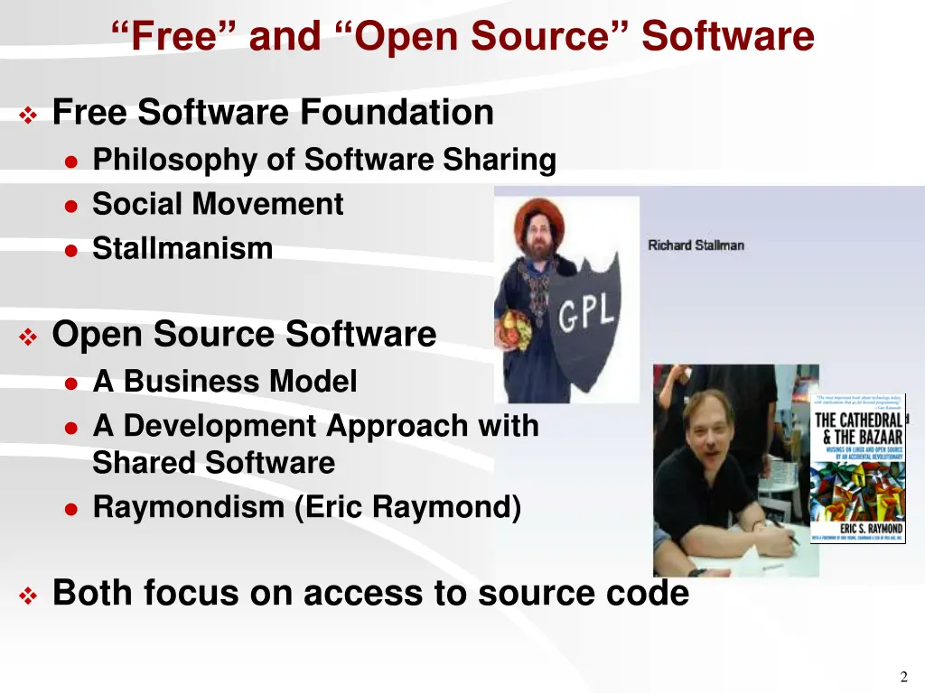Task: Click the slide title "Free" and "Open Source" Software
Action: [x=462, y=37]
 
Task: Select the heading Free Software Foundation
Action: [x=273, y=113]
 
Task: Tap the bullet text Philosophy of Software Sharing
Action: [x=324, y=160]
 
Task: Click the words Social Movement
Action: [x=218, y=204]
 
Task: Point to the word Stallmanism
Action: [x=182, y=248]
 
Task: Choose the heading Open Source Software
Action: [x=244, y=334]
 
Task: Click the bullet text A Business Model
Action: [x=225, y=382]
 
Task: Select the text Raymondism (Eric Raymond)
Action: [x=307, y=507]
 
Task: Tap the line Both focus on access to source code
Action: [x=370, y=593]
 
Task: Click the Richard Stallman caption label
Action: [x=696, y=245]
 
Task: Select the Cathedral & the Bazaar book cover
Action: [x=857, y=467]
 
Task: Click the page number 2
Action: [x=903, y=678]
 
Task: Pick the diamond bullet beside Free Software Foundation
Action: [x=28, y=115]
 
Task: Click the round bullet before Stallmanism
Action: [x=72, y=250]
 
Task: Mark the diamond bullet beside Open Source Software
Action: [x=28, y=337]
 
